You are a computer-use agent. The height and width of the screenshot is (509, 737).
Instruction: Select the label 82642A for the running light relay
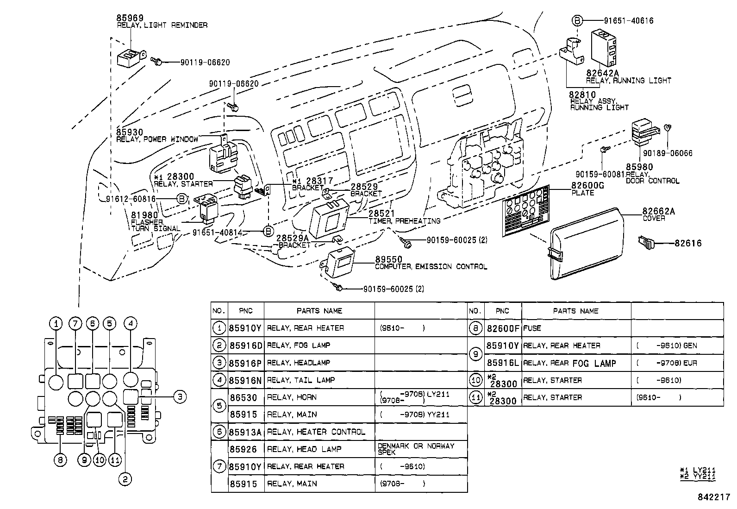[602, 73]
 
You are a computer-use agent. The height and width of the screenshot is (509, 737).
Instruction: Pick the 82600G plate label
[587, 186]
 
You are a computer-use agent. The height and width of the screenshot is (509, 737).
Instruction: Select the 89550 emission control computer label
[388, 259]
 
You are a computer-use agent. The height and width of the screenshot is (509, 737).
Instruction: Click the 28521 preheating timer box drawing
[329, 218]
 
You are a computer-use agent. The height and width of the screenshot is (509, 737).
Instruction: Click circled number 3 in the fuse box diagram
[180, 396]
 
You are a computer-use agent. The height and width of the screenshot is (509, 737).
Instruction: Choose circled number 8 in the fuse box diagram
[60, 459]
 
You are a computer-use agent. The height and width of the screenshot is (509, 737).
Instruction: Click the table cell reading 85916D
[245, 346]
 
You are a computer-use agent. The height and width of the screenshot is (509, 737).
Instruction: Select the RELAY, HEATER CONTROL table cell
[316, 432]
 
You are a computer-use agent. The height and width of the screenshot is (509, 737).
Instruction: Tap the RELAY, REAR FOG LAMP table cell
[569, 363]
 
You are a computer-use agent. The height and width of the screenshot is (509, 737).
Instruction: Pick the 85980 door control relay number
[639, 167]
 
